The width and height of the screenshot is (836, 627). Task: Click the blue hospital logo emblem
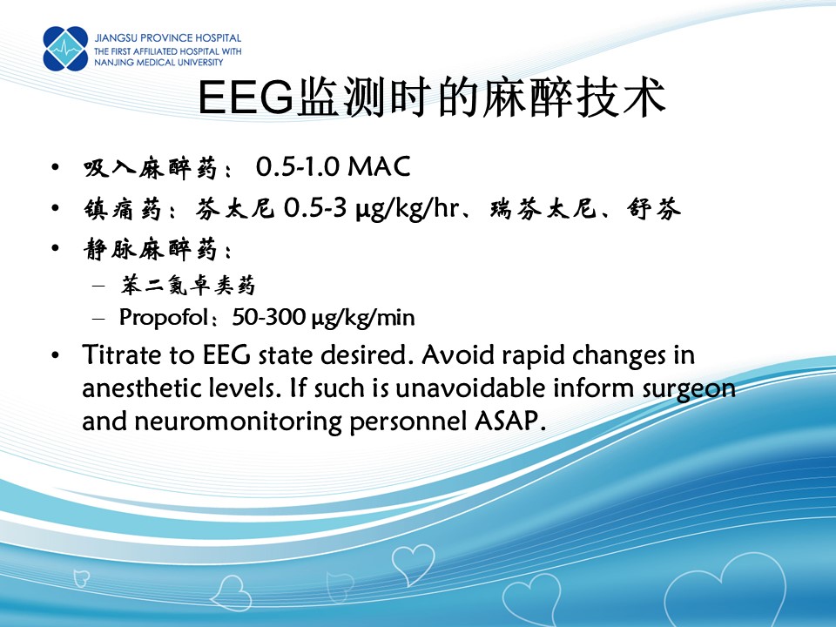click(x=65, y=49)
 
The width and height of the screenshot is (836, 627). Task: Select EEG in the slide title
click(x=246, y=97)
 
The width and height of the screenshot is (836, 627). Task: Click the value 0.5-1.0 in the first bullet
click(x=298, y=166)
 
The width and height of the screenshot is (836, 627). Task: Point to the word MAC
click(x=379, y=166)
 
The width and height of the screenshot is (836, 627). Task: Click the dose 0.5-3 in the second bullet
click(x=315, y=207)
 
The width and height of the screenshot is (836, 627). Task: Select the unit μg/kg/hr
click(x=408, y=208)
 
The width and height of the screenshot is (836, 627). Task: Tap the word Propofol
click(x=164, y=318)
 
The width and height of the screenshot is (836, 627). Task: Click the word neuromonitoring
click(x=239, y=422)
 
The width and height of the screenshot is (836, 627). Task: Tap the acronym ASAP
click(x=509, y=421)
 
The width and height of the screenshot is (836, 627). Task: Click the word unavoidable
click(x=470, y=388)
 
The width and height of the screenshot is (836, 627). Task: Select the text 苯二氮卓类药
click(x=188, y=286)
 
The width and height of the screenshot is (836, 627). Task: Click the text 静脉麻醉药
click(x=151, y=249)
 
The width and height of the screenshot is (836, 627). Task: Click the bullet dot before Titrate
click(x=56, y=355)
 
